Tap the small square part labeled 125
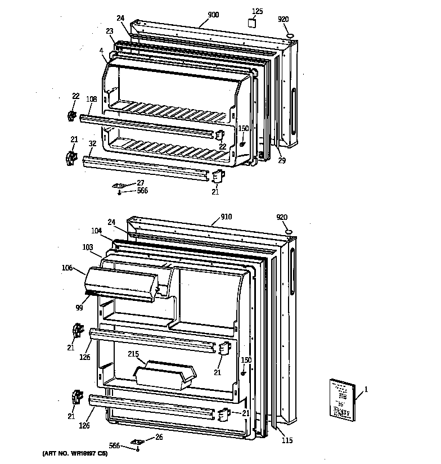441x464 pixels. click(x=252, y=24)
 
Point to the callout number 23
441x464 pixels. click(x=109, y=31)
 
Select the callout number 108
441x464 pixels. click(x=92, y=99)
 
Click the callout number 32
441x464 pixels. click(x=92, y=143)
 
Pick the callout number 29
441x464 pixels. click(x=281, y=161)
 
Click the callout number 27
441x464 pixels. click(x=140, y=183)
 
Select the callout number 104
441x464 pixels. click(x=97, y=231)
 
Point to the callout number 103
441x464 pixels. click(x=87, y=246)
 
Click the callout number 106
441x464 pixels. click(x=67, y=268)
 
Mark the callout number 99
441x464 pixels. click(x=78, y=308)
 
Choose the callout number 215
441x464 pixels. click(x=133, y=354)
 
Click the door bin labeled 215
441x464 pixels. click(x=163, y=375)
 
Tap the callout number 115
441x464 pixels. click(x=287, y=440)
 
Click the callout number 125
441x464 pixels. click(x=256, y=11)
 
